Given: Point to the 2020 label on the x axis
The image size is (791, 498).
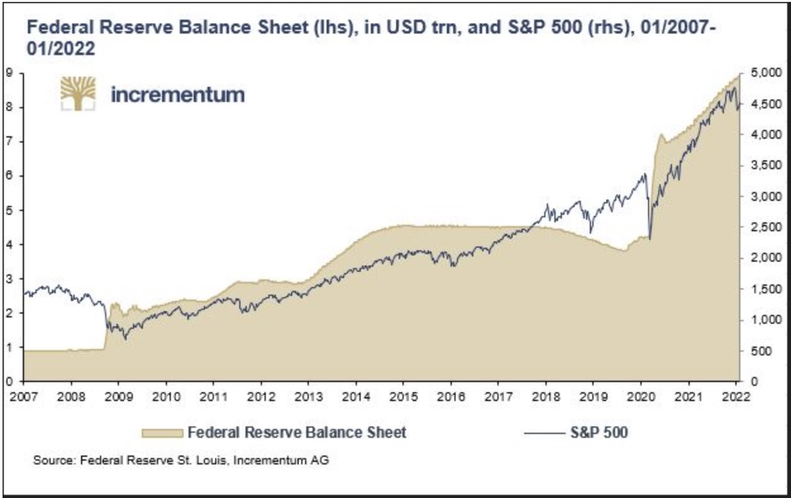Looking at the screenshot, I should click(x=640, y=397).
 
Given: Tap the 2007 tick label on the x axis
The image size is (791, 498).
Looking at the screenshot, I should click(x=23, y=397).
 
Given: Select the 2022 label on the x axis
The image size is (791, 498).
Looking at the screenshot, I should click(x=737, y=397).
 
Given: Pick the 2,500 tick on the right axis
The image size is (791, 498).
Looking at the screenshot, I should click(x=761, y=227).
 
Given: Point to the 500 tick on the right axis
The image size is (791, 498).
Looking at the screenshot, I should click(x=757, y=350).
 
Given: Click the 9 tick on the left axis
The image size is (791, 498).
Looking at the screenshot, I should click(x=9, y=73).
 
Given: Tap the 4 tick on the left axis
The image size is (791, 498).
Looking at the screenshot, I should click(x=9, y=245).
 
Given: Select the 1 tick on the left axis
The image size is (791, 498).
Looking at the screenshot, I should click(x=9, y=347).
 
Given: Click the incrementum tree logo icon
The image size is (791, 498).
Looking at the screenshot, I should click(x=78, y=94).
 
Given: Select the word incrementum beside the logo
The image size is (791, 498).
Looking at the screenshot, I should click(x=177, y=95).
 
